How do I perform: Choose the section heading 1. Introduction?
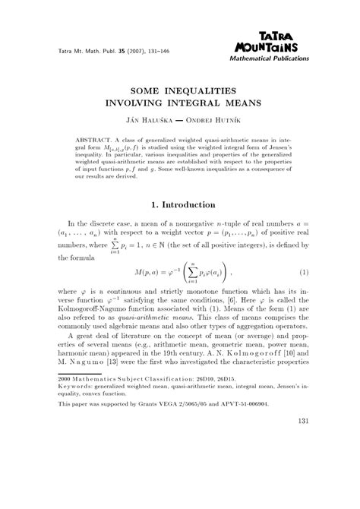179,204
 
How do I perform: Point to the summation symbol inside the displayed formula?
198,272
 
